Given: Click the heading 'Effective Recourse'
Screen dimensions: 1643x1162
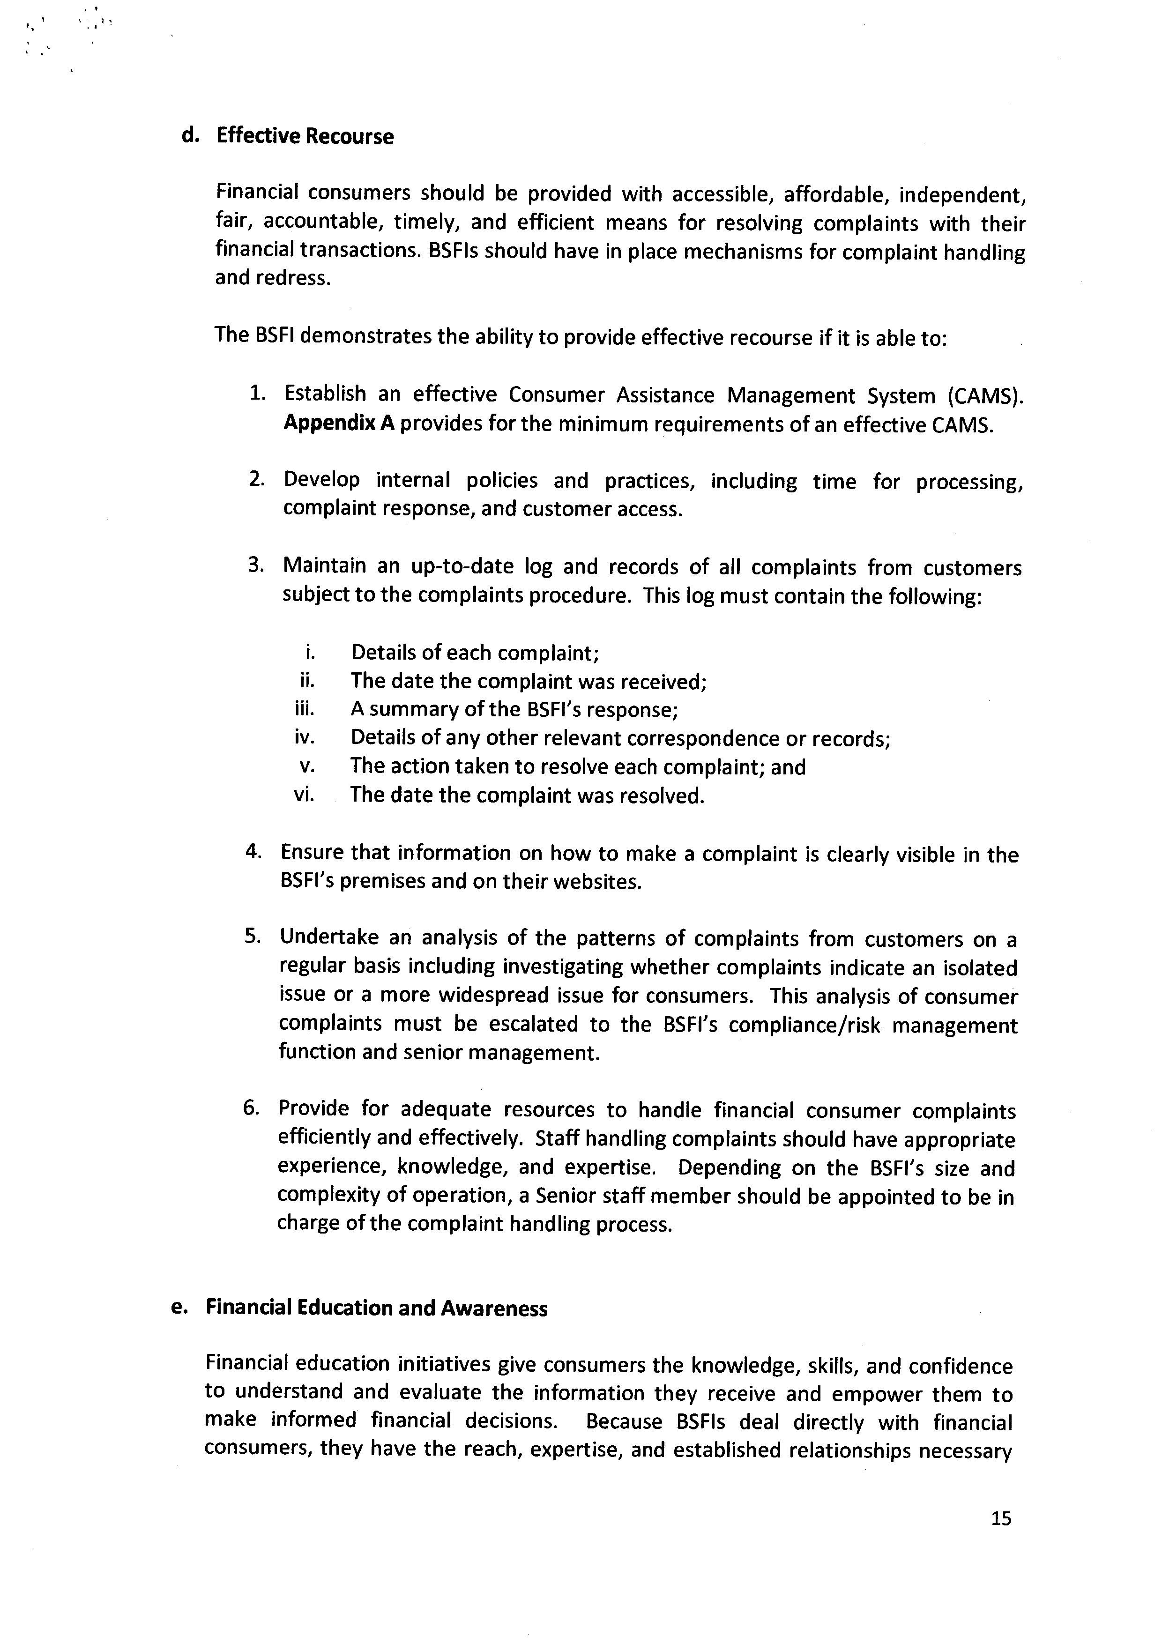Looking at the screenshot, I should (305, 137).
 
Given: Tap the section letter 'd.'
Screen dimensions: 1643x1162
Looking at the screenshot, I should (190, 136).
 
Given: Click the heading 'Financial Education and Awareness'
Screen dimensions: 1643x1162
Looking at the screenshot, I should (376, 1308).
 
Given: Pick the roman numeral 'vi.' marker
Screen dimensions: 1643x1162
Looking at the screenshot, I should (304, 795).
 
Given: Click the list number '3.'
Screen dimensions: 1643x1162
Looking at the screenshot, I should (257, 565).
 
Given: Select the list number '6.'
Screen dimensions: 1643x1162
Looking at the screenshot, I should (251, 1108).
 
